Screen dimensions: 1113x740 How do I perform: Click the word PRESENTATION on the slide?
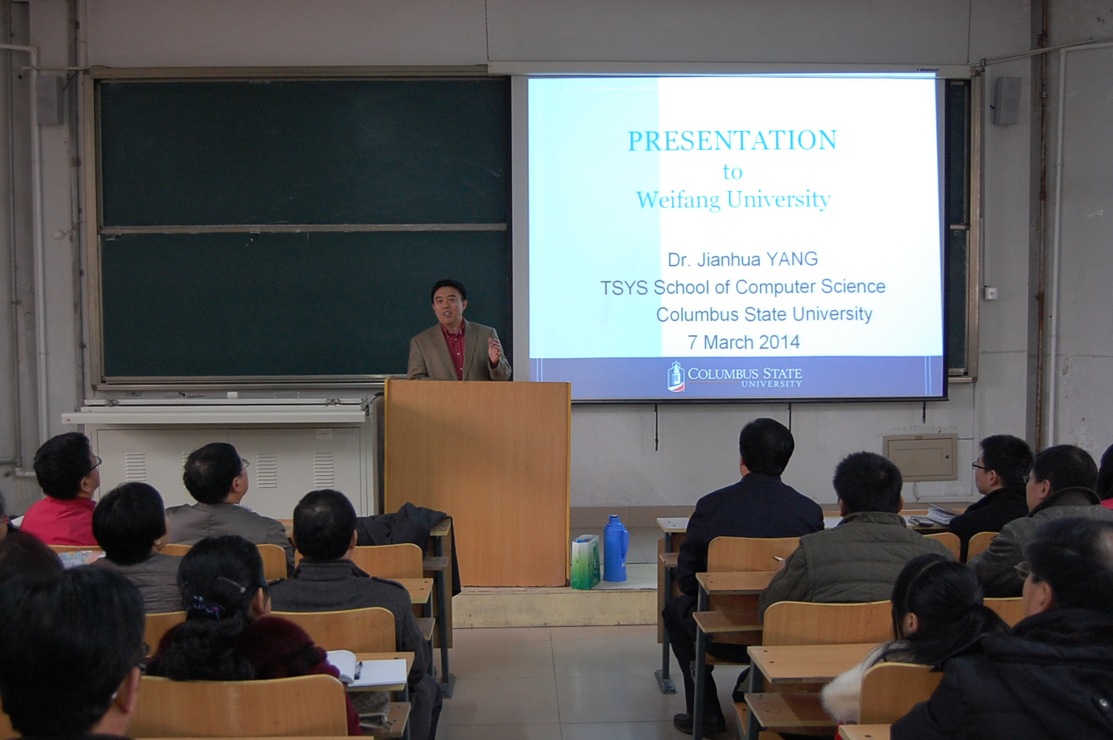click(733, 140)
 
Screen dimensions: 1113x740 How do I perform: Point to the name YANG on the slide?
click(792, 259)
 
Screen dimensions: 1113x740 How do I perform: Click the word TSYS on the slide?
click(624, 287)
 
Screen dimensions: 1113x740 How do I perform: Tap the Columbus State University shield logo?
click(675, 376)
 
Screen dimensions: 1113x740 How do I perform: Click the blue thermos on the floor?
click(615, 548)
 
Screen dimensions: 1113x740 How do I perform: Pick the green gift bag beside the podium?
click(585, 562)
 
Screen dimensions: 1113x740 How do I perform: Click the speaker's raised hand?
click(495, 350)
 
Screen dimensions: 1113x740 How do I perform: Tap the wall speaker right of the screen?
click(1006, 101)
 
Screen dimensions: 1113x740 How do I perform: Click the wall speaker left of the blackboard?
click(50, 101)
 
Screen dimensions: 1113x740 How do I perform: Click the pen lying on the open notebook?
click(357, 670)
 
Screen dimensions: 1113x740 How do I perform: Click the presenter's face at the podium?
click(448, 304)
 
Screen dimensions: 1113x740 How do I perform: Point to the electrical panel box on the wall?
click(920, 457)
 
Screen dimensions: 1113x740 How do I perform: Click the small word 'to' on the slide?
click(733, 172)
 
